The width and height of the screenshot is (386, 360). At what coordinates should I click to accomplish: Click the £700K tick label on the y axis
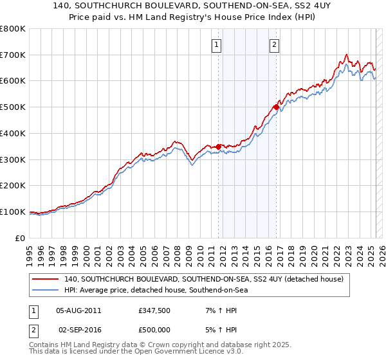pyautogui.click(x=13, y=55)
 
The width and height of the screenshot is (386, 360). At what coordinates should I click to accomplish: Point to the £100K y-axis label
pyautogui.click(x=13, y=212)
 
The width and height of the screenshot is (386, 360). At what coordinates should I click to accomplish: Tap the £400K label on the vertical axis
pyautogui.click(x=13, y=133)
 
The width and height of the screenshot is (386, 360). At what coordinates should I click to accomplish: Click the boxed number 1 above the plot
pyautogui.click(x=216, y=45)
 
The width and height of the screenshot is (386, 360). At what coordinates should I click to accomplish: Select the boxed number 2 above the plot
pyautogui.click(x=274, y=45)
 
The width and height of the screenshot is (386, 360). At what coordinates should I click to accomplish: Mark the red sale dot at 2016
pyautogui.click(x=276, y=107)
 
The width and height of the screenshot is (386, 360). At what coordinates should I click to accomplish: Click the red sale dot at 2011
pyautogui.click(x=218, y=147)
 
